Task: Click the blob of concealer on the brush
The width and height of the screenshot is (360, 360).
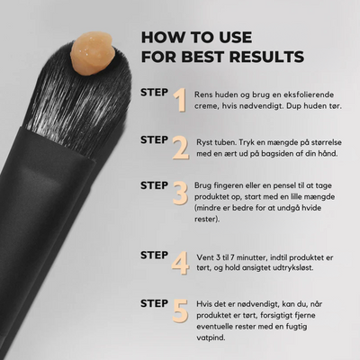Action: (x=93, y=53)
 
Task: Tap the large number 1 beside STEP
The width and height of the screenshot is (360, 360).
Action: (x=180, y=100)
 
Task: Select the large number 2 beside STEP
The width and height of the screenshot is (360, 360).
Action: (x=181, y=148)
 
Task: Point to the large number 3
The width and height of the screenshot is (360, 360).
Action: (x=180, y=193)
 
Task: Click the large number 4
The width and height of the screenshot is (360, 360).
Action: (x=180, y=263)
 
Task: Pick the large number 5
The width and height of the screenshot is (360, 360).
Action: (x=180, y=310)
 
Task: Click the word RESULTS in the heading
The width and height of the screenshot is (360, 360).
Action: (x=266, y=57)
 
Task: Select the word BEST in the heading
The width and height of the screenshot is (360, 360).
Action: (x=202, y=57)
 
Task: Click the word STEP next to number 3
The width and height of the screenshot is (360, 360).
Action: (x=154, y=185)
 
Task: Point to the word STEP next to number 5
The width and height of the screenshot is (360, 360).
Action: (x=154, y=303)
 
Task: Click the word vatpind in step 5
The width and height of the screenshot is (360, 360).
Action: (x=211, y=337)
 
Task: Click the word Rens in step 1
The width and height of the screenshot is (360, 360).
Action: (x=203, y=94)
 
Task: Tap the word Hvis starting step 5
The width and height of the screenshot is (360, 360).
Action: (x=204, y=304)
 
